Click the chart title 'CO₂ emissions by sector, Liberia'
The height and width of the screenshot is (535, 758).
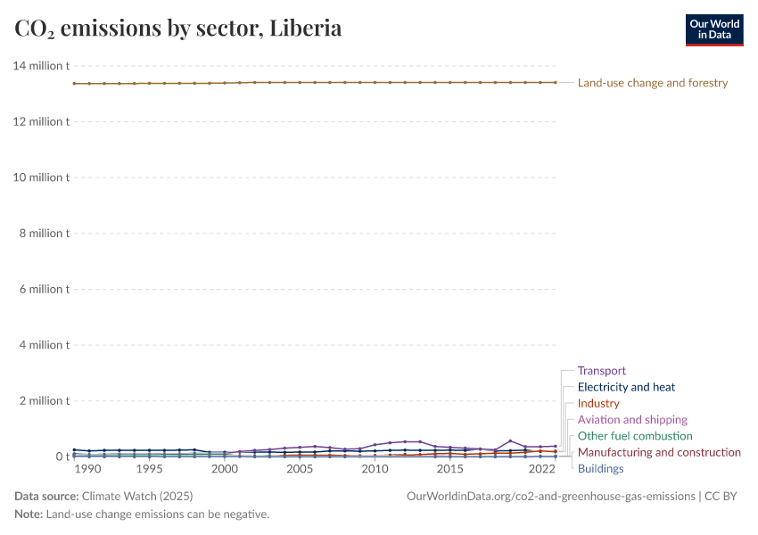tap(178, 29)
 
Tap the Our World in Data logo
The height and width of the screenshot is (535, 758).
tap(713, 29)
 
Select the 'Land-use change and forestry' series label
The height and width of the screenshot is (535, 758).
tap(652, 83)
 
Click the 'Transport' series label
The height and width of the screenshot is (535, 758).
tap(601, 371)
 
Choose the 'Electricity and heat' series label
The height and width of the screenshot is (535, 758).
tap(626, 387)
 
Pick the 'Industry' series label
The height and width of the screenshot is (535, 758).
tap(597, 404)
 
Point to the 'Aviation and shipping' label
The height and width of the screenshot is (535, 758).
tap(632, 420)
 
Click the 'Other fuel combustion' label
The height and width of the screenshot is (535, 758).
tap(634, 436)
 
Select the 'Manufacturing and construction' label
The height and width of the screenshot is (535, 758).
tap(659, 452)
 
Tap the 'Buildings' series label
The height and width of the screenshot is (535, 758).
tap(600, 469)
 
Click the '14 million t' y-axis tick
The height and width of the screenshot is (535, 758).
tap(41, 66)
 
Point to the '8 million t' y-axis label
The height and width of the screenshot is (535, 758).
tap(44, 234)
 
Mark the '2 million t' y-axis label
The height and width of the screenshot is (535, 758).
tap(44, 400)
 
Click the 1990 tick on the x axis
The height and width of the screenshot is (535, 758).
tap(89, 469)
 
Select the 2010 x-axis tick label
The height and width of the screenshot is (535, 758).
tap(375, 469)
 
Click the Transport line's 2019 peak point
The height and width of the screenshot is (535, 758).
tap(510, 440)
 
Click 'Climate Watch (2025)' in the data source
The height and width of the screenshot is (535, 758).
tap(136, 496)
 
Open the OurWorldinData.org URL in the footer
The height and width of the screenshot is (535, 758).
tap(550, 496)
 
